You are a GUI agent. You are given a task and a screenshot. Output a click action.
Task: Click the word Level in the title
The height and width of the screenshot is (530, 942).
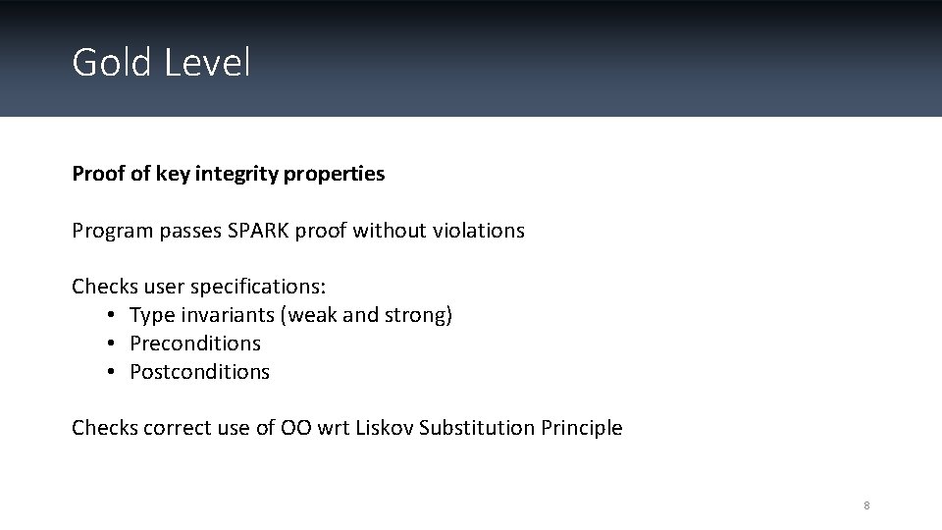tap(208, 63)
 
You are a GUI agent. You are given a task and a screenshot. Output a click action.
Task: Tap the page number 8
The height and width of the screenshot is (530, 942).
tap(866, 505)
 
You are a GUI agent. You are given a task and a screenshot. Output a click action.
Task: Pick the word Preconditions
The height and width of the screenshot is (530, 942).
tap(195, 344)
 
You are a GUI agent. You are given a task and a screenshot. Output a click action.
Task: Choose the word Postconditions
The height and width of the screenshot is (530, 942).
tap(199, 372)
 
